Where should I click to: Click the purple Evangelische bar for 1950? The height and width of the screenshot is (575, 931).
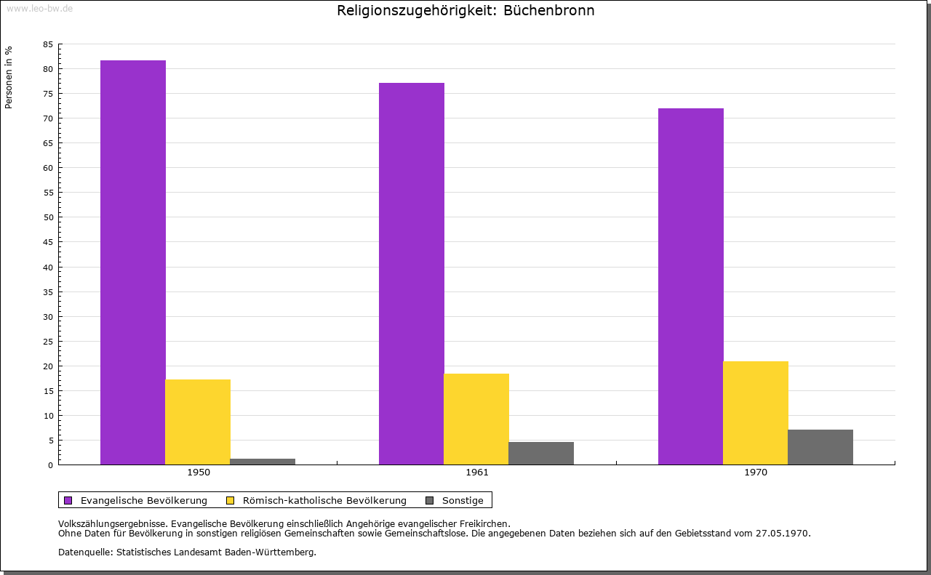pos(133,262)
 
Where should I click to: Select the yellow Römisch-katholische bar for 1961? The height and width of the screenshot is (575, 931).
pos(476,419)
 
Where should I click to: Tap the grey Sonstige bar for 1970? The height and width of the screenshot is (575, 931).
pos(820,447)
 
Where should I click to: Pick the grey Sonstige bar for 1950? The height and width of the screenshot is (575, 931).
pos(263,462)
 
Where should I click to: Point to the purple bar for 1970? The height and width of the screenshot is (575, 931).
pos(691,286)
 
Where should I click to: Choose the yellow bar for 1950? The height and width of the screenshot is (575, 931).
pos(198,422)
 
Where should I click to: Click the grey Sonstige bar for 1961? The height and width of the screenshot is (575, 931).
pos(541,453)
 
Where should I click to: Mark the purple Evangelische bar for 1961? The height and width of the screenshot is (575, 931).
pos(412,273)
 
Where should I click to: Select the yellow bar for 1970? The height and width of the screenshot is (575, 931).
pos(756,413)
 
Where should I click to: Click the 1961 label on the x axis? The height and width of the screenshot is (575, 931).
pos(477,473)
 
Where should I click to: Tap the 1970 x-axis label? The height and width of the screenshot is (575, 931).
pos(756,473)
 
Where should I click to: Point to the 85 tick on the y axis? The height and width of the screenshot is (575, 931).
pos(48,44)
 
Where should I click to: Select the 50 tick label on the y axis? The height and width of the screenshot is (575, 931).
pos(48,217)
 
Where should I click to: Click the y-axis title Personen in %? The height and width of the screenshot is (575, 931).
pos(9,78)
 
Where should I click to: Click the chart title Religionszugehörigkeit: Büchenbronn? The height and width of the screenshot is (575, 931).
pos(465,11)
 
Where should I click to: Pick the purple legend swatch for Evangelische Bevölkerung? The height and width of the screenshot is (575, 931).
pos(68,500)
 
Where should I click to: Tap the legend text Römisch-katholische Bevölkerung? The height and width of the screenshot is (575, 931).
pos(324,500)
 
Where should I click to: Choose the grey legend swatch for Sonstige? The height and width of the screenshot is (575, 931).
pos(429,500)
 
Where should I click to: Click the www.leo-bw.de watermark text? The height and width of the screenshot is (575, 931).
pos(39,7)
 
